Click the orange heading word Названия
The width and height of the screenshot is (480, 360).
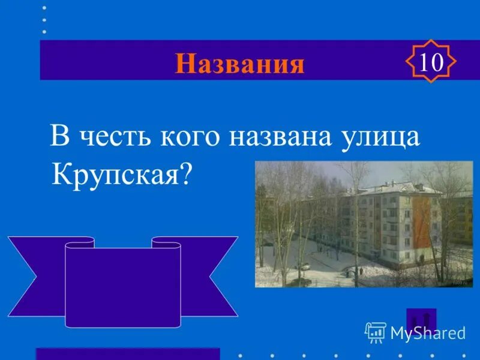(x=239, y=64)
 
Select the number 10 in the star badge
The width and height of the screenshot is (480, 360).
(x=431, y=62)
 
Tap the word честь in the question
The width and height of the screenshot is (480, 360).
(x=112, y=137)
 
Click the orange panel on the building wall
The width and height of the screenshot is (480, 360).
(x=421, y=223)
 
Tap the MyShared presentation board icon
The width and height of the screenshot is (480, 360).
(x=375, y=332)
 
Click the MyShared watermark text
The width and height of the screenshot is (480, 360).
(x=428, y=333)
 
